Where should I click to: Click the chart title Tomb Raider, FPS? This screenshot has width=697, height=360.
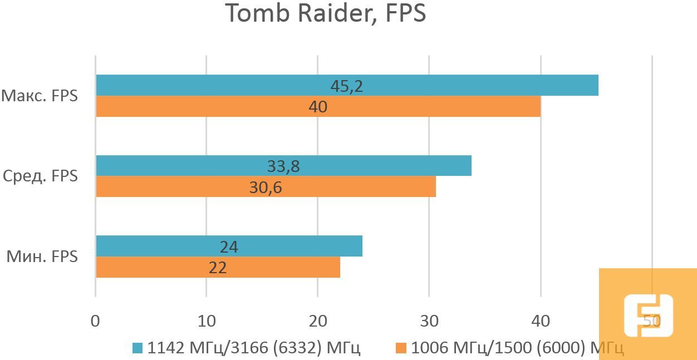326,14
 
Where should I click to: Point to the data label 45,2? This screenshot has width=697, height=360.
346,86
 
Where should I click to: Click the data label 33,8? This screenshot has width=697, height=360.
283,166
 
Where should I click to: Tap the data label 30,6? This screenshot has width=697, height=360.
266,188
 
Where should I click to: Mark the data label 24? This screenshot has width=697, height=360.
229,247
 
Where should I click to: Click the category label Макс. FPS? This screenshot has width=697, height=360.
39,96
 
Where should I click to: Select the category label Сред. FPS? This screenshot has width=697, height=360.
40,176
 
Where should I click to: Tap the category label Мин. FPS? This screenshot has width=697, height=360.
42,257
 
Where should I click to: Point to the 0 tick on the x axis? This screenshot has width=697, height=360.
96,321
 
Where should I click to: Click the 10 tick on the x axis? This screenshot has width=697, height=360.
207,321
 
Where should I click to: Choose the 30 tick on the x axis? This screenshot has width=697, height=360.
429,321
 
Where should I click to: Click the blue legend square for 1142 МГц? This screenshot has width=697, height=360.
137,348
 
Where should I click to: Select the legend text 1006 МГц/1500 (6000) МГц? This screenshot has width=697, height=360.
517,348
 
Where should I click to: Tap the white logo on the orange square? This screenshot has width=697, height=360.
648,315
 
